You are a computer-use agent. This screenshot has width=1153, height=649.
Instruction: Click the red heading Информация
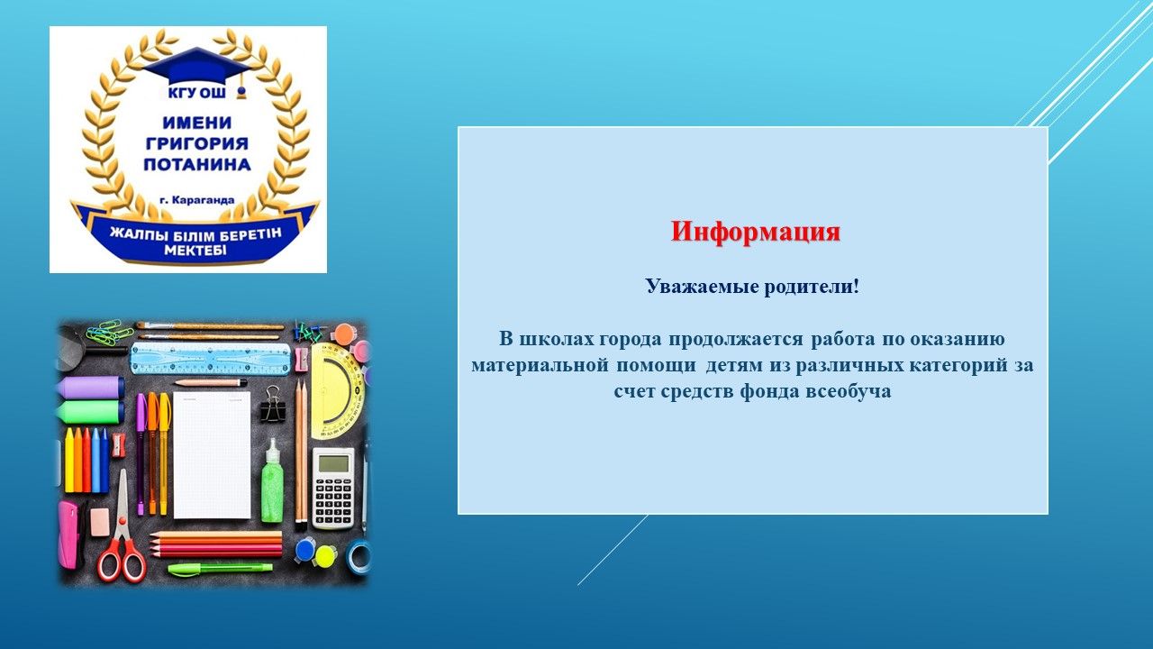coord(755,233)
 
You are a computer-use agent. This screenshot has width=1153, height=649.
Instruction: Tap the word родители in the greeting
coord(812,287)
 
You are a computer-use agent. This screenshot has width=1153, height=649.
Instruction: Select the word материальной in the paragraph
coord(540,365)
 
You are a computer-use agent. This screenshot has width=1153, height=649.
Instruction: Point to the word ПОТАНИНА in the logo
coord(197,164)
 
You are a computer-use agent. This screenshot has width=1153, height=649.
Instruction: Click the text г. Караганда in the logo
coord(197,200)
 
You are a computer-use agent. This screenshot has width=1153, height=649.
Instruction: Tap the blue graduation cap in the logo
coord(197,67)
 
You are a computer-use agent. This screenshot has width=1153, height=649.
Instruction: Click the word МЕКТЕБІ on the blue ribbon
coord(195,251)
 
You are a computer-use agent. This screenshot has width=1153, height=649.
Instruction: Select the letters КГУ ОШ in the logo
coord(196,93)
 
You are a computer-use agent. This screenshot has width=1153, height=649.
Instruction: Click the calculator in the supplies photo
coord(333,488)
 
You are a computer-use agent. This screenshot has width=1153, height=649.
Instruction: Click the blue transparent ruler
coord(210,358)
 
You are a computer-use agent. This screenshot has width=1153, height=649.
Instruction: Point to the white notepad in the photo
coord(212,455)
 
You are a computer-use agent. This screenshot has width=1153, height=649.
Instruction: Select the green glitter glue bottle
coord(272,482)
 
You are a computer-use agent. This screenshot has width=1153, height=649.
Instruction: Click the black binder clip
coord(272,405)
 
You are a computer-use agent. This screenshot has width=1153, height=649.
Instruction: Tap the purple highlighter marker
coord(91,388)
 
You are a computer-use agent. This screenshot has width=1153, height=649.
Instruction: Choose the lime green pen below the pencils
coord(221,569)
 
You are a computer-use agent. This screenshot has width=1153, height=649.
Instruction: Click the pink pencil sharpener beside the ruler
coord(302,360)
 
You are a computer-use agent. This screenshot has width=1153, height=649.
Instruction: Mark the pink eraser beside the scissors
coord(100,521)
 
